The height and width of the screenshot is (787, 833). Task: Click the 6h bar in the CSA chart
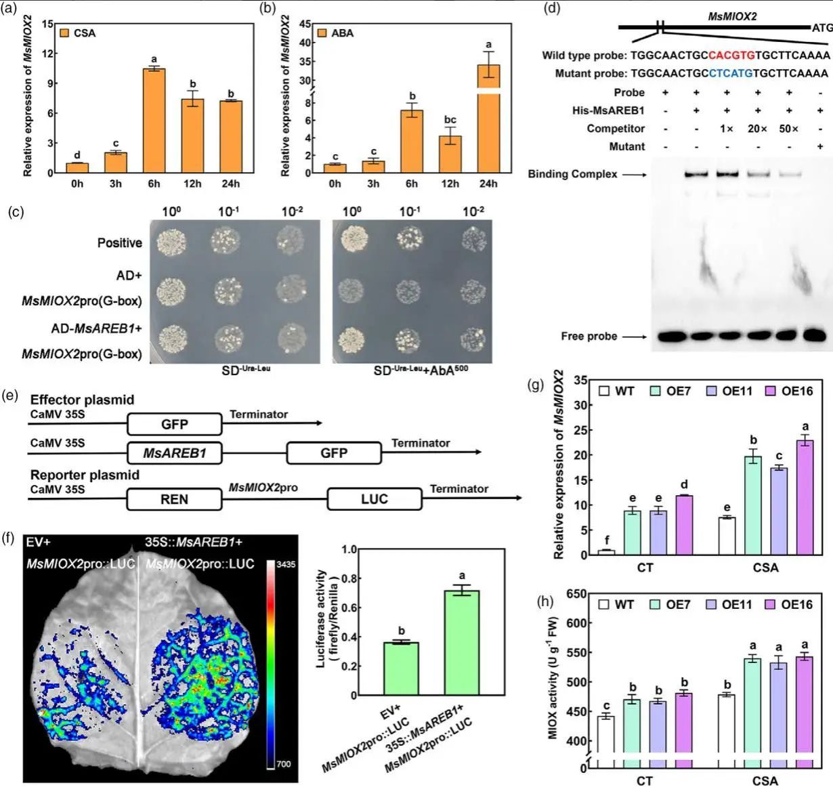(154, 121)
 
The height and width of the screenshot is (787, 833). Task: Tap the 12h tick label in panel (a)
(192, 184)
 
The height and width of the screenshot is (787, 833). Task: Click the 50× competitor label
(788, 129)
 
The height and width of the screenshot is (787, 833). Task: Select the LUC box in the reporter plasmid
(374, 499)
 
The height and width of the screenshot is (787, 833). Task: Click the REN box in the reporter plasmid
(174, 499)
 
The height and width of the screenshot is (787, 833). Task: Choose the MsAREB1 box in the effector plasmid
(174, 452)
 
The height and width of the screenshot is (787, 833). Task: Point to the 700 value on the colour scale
(284, 764)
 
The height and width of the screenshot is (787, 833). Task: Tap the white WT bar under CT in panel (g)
(606, 552)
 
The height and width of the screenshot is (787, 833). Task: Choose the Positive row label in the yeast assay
(120, 242)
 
